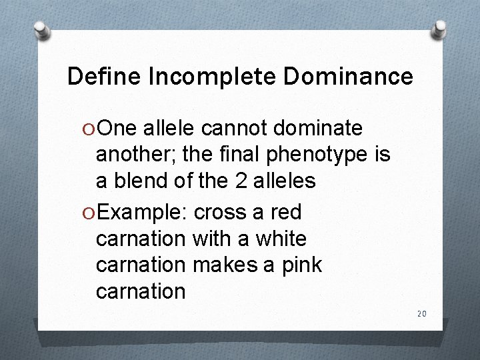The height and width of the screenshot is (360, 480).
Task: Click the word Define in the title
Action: click(x=103, y=77)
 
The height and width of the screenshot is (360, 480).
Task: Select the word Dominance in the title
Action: click(x=349, y=77)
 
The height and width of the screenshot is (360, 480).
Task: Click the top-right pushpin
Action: click(x=439, y=29)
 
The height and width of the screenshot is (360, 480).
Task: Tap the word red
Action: click(x=286, y=213)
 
